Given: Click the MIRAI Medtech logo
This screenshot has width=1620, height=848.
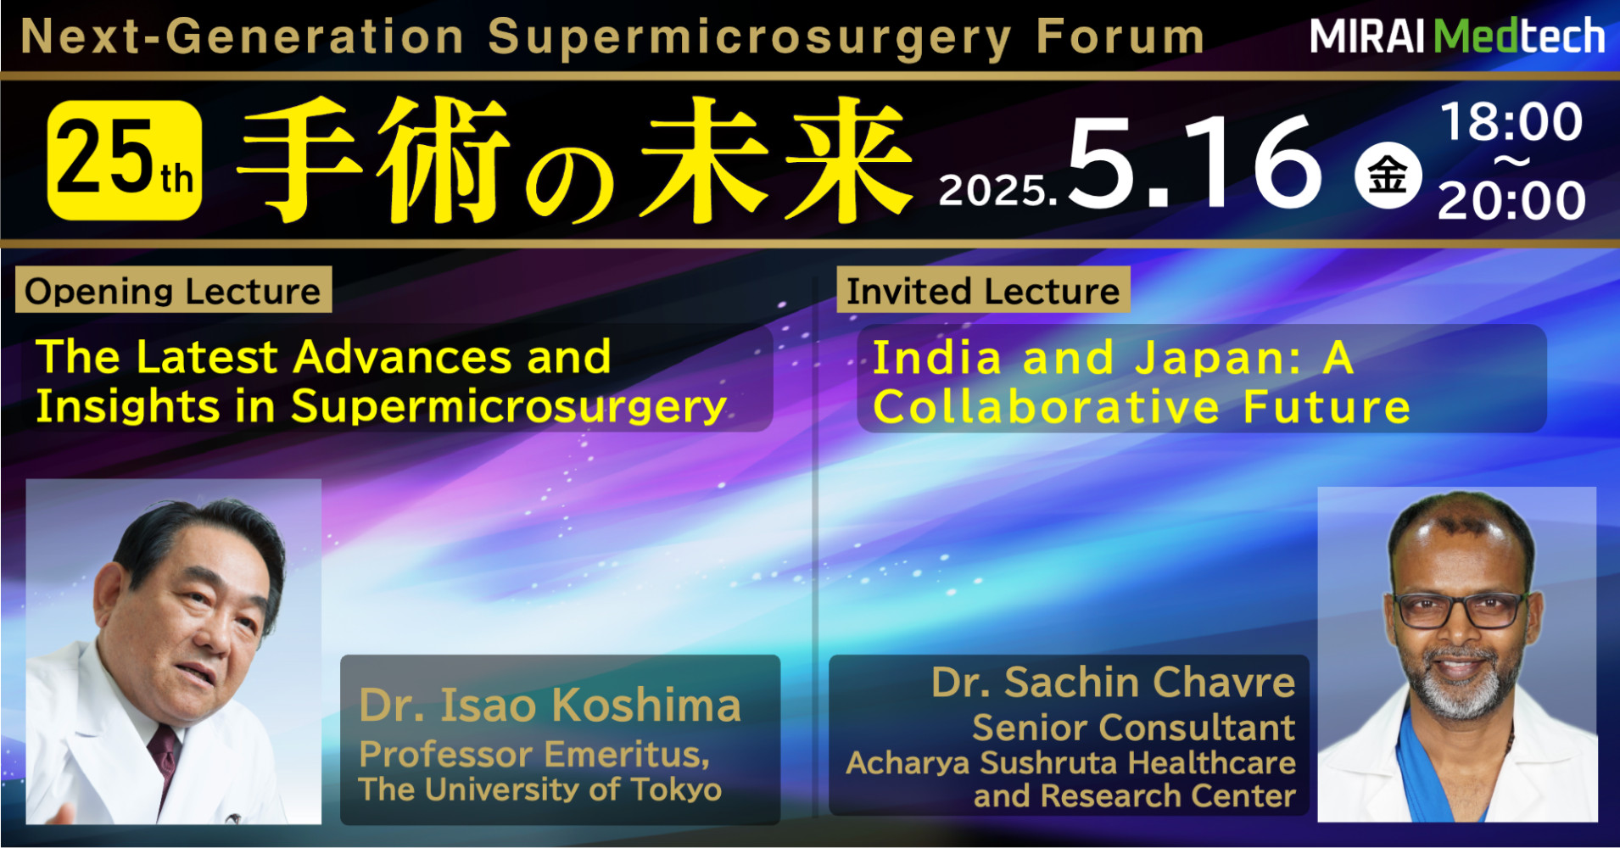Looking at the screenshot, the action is click(1457, 36).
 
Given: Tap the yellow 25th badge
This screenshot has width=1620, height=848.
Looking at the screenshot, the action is click(125, 159).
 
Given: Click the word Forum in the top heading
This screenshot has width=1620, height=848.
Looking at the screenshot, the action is click(1120, 37).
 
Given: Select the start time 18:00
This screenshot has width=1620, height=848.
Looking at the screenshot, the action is click(1512, 122).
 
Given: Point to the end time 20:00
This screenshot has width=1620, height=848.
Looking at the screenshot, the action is click(1511, 201).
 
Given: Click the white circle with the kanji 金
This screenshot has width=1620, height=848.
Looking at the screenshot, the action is click(1388, 176).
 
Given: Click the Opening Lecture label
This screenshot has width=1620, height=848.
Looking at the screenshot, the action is click(173, 291).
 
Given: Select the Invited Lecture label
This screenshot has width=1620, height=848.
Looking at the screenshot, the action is click(983, 291).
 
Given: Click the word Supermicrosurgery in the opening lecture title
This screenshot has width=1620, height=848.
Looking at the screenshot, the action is click(509, 407).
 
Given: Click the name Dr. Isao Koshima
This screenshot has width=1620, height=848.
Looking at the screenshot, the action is click(550, 706).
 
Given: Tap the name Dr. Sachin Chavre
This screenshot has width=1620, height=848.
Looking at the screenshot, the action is click(1114, 683).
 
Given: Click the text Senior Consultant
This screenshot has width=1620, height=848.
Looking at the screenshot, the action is click(1134, 728).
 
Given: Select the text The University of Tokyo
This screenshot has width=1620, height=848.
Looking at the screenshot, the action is click(539, 789).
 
